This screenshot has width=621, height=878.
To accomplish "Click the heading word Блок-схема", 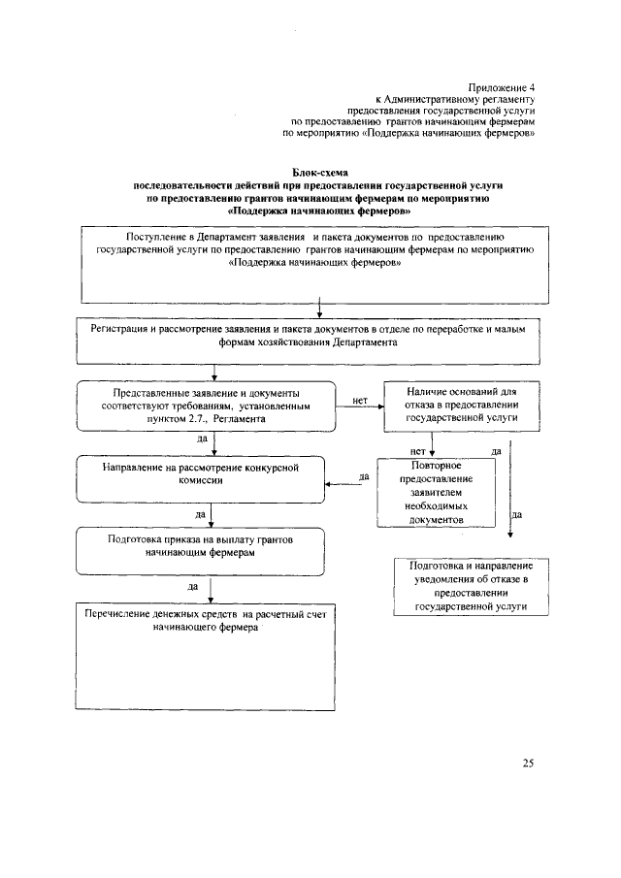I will [x=319, y=172].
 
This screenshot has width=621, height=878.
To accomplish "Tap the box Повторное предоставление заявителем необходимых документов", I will [x=433, y=494].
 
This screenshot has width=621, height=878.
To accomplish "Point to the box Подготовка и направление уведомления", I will [x=470, y=586].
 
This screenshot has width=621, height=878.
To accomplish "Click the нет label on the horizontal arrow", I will [x=360, y=399].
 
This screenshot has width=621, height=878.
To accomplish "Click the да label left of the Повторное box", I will [x=364, y=476].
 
